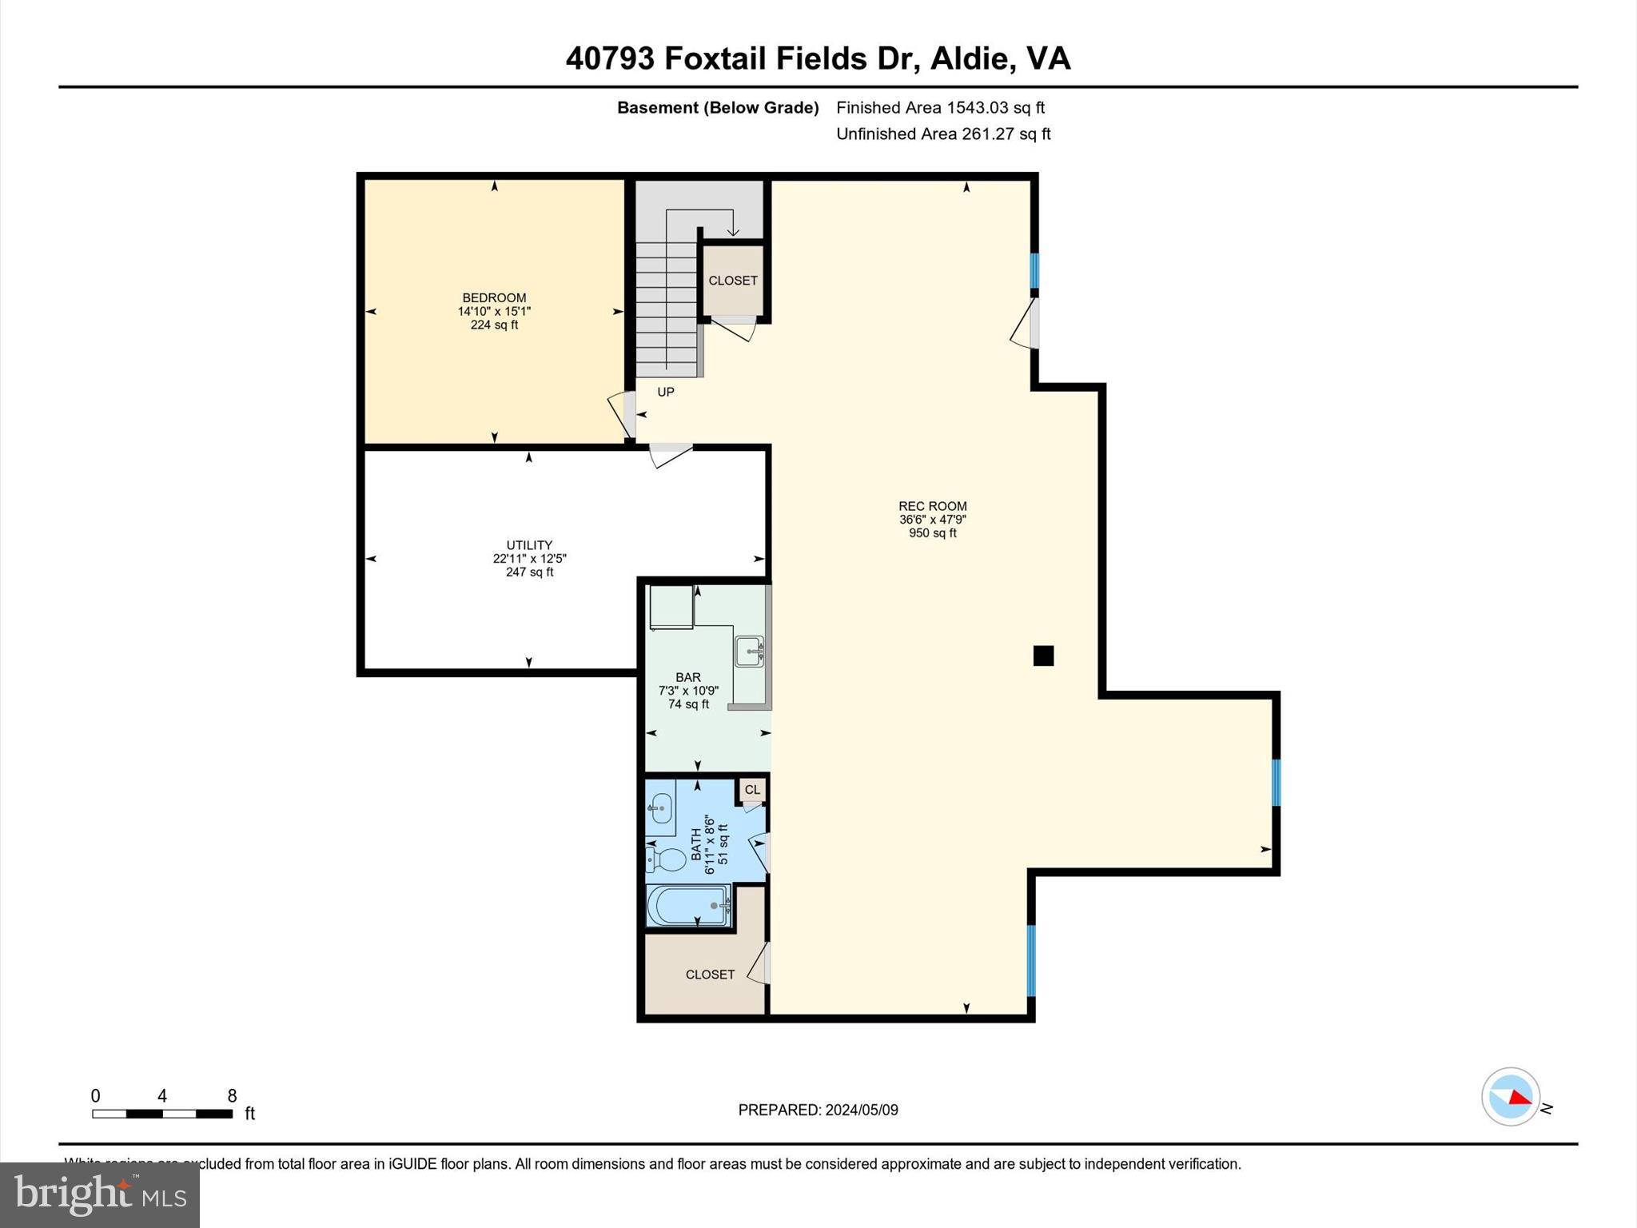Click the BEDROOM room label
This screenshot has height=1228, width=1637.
tap(494, 297)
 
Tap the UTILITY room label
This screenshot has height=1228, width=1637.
tap(529, 545)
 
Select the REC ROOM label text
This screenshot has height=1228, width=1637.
tap(932, 506)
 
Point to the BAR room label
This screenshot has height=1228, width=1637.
tap(687, 677)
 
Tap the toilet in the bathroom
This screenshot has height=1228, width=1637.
tap(667, 860)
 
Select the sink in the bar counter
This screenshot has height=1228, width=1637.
tap(749, 651)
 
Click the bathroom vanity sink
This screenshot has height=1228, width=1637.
tap(660, 808)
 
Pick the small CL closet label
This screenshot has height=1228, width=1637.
tap(752, 790)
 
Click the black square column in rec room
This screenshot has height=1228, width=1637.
tap(1043, 656)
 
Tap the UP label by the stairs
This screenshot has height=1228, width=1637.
tap(666, 392)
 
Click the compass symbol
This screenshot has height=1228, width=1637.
tap(1510, 1097)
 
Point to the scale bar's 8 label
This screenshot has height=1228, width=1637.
tap(232, 1096)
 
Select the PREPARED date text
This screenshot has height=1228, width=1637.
tap(818, 1110)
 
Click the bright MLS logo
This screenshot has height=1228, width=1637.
tap(100, 1194)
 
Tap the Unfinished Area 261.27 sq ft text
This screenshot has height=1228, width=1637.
tap(943, 134)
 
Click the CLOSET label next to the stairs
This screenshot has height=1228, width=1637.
tap(732, 281)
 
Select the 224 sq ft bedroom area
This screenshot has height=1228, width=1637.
tap(494, 325)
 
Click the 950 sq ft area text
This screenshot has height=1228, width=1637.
tap(932, 533)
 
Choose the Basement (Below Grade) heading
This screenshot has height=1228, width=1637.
tap(718, 108)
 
